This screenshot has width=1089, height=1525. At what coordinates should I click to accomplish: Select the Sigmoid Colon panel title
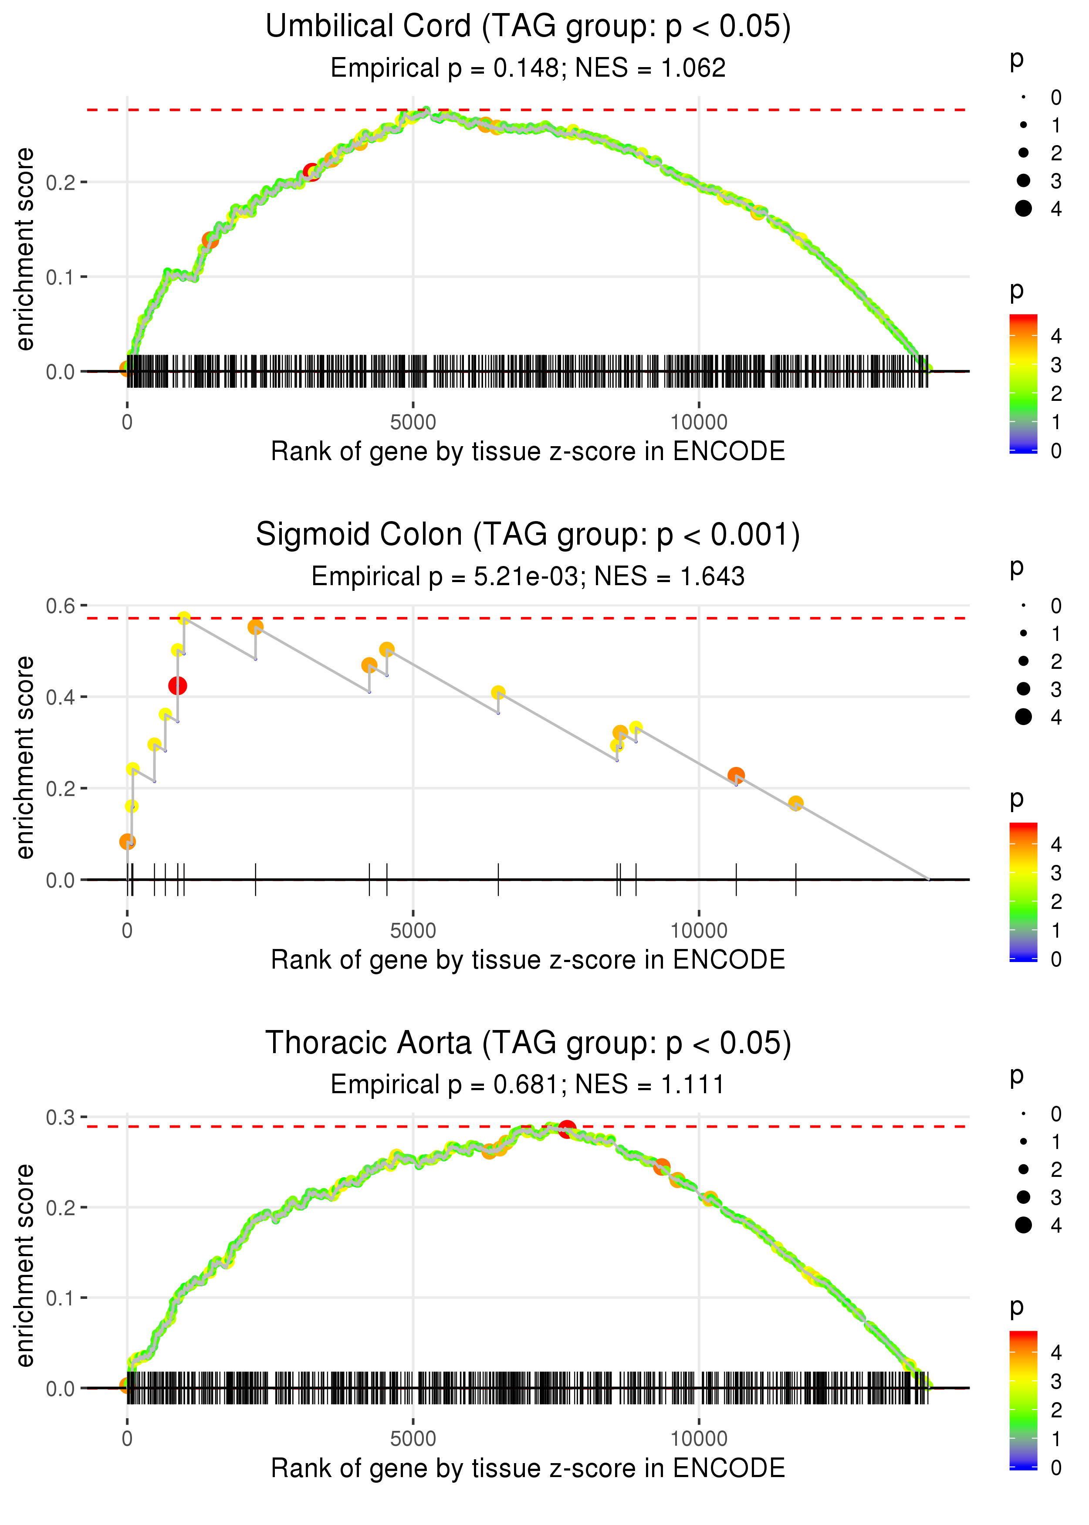click(528, 535)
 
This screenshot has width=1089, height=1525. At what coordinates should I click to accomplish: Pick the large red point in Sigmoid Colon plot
click(177, 685)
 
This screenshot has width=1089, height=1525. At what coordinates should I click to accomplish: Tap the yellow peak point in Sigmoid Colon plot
click(184, 618)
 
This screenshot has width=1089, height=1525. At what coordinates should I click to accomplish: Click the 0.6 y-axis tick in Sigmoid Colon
click(61, 606)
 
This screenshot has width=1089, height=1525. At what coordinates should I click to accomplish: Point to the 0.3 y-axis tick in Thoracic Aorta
click(61, 1117)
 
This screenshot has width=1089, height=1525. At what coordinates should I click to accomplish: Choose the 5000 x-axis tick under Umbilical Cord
click(413, 423)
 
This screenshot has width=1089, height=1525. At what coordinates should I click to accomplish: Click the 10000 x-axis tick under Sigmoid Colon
click(699, 931)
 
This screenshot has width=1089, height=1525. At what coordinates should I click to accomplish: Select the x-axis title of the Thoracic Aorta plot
click(528, 1468)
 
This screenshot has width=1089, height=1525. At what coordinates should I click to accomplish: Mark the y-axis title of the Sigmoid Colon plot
click(25, 758)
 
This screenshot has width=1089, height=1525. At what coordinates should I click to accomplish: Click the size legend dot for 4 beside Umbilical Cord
click(1023, 209)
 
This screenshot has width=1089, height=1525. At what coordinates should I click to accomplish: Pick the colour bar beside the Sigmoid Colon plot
click(1023, 892)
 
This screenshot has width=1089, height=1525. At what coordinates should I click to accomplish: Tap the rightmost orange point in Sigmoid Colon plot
click(795, 803)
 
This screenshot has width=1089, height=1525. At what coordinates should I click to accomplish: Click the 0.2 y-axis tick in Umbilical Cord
click(61, 182)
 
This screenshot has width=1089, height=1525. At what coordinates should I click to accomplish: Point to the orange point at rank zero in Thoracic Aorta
click(125, 1385)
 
